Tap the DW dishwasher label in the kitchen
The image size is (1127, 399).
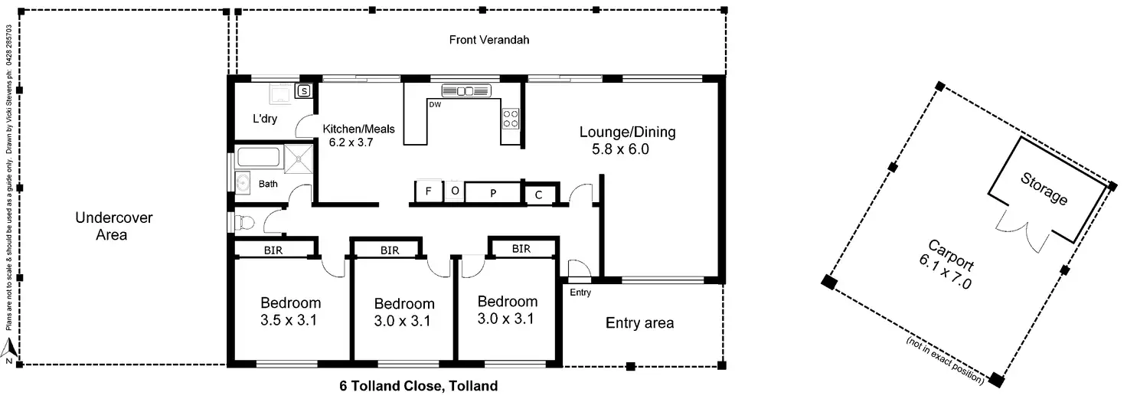pos(435,104)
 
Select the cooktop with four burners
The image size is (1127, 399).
pos(510,118)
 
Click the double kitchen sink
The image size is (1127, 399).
pos(465,91)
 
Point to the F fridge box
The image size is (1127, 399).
pos(428,191)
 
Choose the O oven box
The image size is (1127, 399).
pos(454,191)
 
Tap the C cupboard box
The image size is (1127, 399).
pos(538,195)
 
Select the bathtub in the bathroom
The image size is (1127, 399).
pos(260,157)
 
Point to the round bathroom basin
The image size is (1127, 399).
pos(243,183)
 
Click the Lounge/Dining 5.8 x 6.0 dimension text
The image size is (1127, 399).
pos(620,149)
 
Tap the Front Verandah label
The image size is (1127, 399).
pos(489,40)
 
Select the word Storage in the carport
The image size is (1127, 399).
pos(1044,188)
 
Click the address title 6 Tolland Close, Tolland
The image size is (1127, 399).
pos(419,386)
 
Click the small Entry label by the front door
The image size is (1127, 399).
pos(580,293)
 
